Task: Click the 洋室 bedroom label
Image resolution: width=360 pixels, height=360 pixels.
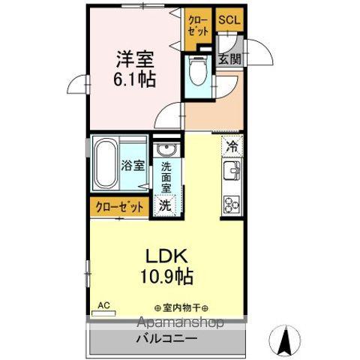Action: tap(134, 59)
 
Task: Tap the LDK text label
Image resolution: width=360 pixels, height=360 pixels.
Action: tap(166, 256)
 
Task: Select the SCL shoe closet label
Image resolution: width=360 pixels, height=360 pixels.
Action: tap(229, 20)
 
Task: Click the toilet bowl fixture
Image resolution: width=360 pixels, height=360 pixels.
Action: tap(199, 70)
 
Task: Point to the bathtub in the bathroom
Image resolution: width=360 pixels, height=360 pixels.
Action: tap(106, 163)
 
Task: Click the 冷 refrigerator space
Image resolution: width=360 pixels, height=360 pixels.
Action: tap(232, 146)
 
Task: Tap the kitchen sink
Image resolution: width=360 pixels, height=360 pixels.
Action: tap(232, 170)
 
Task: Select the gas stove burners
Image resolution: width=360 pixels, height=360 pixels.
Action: tap(232, 205)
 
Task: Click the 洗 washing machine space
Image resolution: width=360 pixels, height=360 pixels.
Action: tap(165, 205)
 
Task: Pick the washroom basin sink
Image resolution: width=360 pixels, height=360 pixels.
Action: tap(166, 150)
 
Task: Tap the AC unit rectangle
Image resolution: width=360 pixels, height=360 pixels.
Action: tap(103, 313)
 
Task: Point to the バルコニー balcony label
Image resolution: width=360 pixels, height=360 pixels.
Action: tap(166, 339)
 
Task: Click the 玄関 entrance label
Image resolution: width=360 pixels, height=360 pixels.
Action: tap(230, 59)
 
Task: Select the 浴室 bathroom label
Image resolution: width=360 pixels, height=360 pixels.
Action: tap(133, 166)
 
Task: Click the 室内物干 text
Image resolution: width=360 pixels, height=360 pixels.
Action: tap(181, 307)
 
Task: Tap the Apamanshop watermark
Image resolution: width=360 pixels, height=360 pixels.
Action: tap(181, 322)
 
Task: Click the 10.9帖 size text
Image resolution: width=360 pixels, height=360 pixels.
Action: tap(166, 276)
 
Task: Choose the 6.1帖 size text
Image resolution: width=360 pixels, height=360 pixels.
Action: tap(135, 79)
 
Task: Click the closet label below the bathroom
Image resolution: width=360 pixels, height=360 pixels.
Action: tap(120, 207)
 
